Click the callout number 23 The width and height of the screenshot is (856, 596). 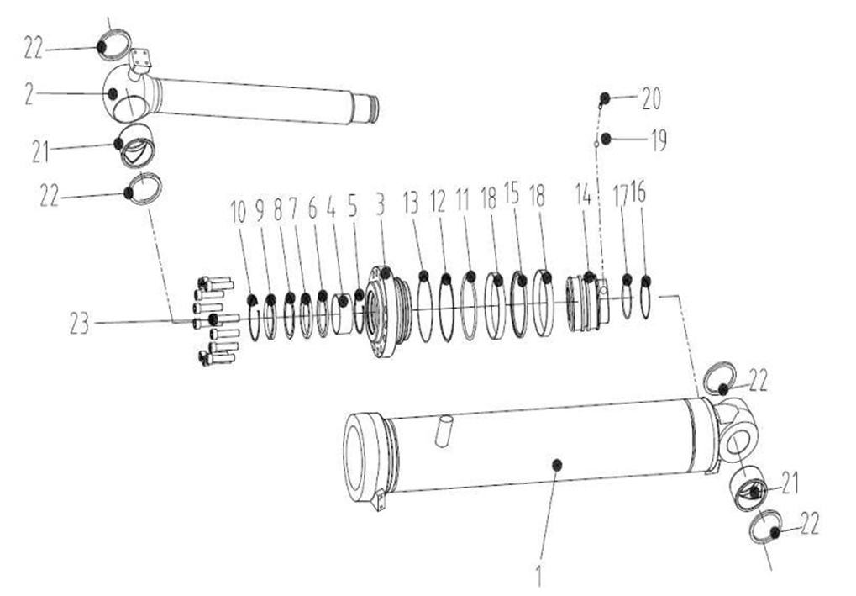coord(79,324)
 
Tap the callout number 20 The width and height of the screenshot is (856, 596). coord(651,99)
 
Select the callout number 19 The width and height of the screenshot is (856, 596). coord(659,140)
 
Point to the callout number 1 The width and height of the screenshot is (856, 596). coord(538,576)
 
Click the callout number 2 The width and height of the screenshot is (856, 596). coord(29,94)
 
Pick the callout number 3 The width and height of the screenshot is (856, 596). coord(380,204)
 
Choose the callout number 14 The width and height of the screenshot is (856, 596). coord(584,194)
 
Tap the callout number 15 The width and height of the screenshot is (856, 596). coord(512,193)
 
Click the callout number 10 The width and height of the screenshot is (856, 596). coord(239,212)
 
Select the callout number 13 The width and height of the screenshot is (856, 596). coord(411,203)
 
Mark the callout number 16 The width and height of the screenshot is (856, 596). coord(638,192)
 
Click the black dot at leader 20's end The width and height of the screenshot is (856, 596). coord(605,98)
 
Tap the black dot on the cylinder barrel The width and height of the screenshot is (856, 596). coord(557,464)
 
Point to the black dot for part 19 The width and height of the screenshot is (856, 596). coord(606,140)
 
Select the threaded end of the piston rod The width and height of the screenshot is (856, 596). coord(365,108)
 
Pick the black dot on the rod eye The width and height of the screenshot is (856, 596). coord(112,94)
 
